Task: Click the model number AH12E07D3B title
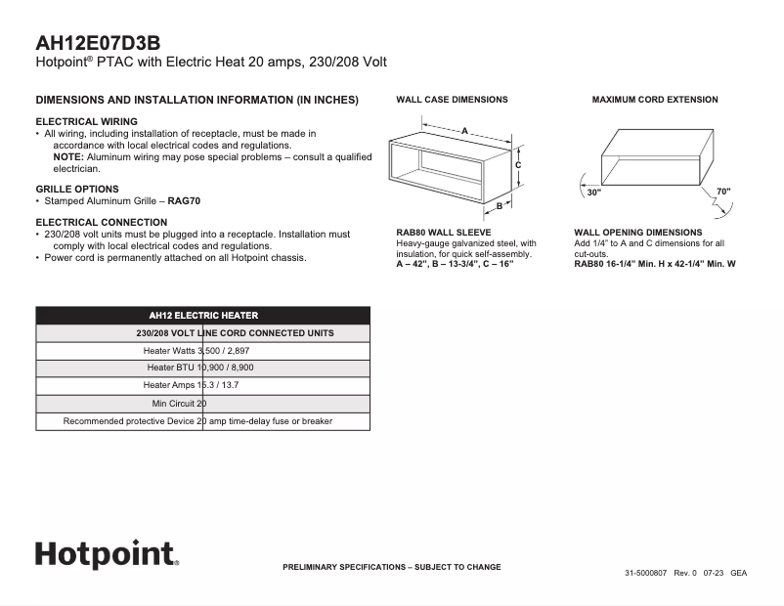(98, 43)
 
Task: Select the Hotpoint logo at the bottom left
(107, 553)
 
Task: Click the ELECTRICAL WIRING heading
(86, 121)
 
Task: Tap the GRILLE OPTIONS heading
(77, 189)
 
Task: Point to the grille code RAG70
(185, 200)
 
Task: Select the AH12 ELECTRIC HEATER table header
(203, 316)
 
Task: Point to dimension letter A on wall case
(464, 129)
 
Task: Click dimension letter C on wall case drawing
(518, 165)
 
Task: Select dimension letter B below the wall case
(498, 206)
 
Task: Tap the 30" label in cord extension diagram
(593, 192)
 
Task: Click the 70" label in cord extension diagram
(722, 191)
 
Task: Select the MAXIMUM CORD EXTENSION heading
(654, 100)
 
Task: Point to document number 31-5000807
(646, 573)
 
